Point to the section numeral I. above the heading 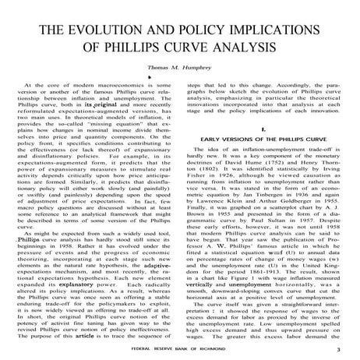pos(266,122)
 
